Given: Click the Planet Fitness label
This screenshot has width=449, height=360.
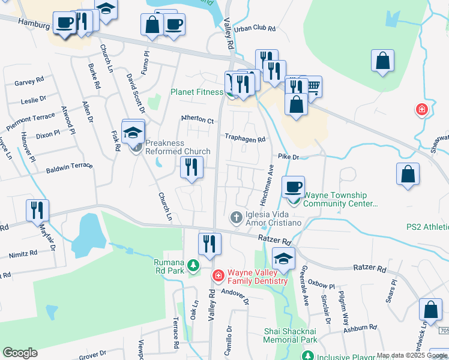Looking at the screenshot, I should (x=196, y=92).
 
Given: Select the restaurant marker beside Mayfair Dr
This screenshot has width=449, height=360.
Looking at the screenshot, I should (x=37, y=211).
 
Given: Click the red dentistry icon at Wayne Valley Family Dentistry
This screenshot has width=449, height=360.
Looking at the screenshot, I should (x=218, y=276).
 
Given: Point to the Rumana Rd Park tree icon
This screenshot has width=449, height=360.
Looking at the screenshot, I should (x=193, y=265).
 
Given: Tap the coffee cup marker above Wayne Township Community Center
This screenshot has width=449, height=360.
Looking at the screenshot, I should (x=293, y=187).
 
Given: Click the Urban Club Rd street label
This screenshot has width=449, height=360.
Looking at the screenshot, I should (x=255, y=28).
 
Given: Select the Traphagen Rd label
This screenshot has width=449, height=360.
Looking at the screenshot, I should (x=245, y=139).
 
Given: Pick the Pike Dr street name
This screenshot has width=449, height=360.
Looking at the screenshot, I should (x=288, y=157).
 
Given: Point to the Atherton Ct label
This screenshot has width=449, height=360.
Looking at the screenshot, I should (x=197, y=120).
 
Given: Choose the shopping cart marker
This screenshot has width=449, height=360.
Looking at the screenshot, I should (x=311, y=87).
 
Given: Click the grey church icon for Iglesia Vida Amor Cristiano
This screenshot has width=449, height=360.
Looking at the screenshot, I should (x=237, y=216).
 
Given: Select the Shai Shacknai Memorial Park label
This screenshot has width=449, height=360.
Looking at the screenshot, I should (x=291, y=335).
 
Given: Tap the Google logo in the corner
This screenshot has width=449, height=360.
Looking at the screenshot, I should (x=20, y=353).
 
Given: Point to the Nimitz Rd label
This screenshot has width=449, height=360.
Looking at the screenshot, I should (x=22, y=254).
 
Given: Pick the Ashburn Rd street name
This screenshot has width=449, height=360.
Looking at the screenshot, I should (x=361, y=328).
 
